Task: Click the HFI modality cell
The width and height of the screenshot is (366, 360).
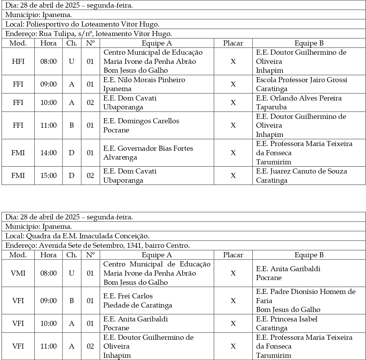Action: [18, 61]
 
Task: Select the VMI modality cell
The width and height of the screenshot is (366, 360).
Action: [18, 273]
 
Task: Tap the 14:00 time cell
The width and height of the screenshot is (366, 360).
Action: [48, 153]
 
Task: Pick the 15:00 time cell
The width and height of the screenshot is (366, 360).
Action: [48, 176]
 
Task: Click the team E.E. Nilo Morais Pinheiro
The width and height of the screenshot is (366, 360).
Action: [144, 80]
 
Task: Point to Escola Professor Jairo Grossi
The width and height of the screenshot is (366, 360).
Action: [301, 80]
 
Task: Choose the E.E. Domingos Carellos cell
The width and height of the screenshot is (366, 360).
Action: [141, 121]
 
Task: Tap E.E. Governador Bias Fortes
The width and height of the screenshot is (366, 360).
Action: [148, 149]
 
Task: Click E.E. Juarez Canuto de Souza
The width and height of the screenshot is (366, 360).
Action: [301, 171]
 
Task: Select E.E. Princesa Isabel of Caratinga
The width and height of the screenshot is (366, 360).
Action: [286, 319]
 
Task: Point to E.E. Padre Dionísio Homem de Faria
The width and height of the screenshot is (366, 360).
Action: [305, 292]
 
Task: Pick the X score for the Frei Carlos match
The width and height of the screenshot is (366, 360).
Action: [233, 301]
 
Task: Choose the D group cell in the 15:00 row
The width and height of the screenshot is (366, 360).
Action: [72, 176]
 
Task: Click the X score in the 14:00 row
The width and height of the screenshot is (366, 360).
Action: [233, 153]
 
